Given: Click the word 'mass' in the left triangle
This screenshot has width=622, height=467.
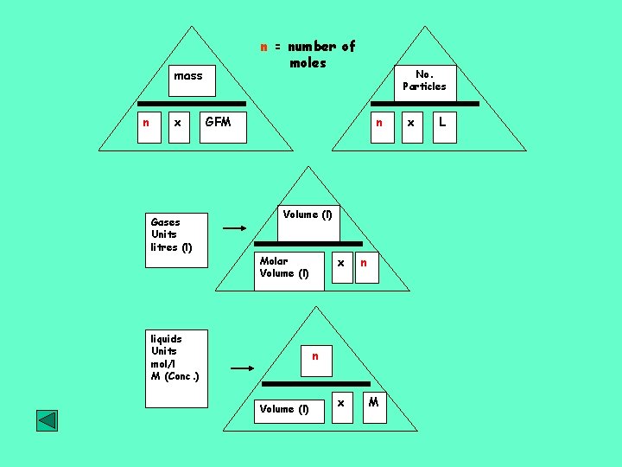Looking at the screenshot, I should [x=187, y=76].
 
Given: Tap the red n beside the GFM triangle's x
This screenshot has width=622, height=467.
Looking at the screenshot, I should [x=146, y=123].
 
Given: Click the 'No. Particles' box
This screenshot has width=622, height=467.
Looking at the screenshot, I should [x=424, y=80].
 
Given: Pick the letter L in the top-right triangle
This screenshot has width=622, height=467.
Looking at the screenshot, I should [x=442, y=123].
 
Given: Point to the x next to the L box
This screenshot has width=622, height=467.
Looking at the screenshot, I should [x=411, y=123].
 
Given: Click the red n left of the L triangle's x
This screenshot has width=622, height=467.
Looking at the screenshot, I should [x=378, y=123].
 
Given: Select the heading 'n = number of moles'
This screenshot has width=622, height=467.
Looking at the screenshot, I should [x=308, y=54].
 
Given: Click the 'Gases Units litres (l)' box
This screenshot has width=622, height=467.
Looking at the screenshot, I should [x=175, y=235].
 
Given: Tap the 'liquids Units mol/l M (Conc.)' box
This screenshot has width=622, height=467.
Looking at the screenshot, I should [x=175, y=357].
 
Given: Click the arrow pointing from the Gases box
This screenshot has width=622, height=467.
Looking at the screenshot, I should [x=234, y=229].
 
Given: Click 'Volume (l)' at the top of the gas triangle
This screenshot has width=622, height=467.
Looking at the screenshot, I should [x=307, y=214].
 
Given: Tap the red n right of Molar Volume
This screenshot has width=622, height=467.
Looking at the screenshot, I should [x=364, y=261].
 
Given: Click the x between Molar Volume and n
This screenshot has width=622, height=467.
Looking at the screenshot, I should [x=341, y=261].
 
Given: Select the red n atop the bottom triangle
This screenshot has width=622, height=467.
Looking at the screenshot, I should [x=315, y=356].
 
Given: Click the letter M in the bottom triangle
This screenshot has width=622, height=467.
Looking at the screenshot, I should [x=373, y=402].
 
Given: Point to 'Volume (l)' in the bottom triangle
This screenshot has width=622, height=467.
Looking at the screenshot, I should [x=284, y=409].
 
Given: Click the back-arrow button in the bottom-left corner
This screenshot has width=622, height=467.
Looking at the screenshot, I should [x=47, y=420].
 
